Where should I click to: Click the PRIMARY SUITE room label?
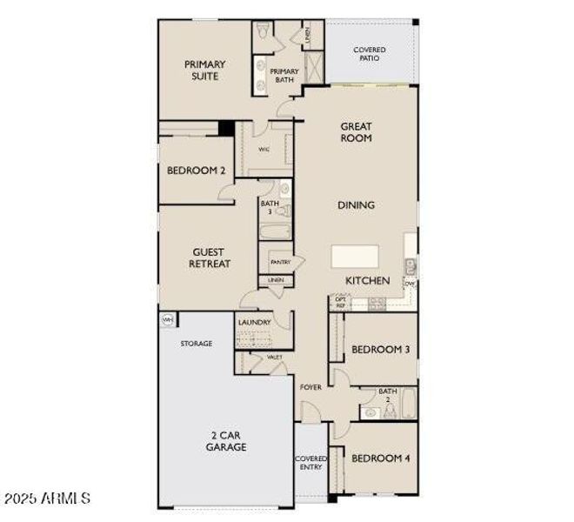[204, 70]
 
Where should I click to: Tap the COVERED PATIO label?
[370, 56]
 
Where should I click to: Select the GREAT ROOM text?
[356, 132]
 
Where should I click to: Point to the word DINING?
[356, 205]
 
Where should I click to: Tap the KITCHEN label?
[368, 281]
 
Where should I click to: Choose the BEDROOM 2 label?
[197, 171]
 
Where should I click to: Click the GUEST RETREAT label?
[210, 258]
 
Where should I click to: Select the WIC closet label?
[263, 150]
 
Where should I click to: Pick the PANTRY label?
[280, 262]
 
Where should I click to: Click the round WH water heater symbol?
[167, 320]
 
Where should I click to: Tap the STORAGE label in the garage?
[197, 344]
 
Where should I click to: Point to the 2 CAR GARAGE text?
[226, 441]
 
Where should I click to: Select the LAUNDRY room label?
[255, 323]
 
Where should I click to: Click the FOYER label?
[310, 386]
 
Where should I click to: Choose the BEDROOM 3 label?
[380, 351]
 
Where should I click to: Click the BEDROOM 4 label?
[380, 458]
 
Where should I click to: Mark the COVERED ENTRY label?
[310, 463]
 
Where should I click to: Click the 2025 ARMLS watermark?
[48, 499]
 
